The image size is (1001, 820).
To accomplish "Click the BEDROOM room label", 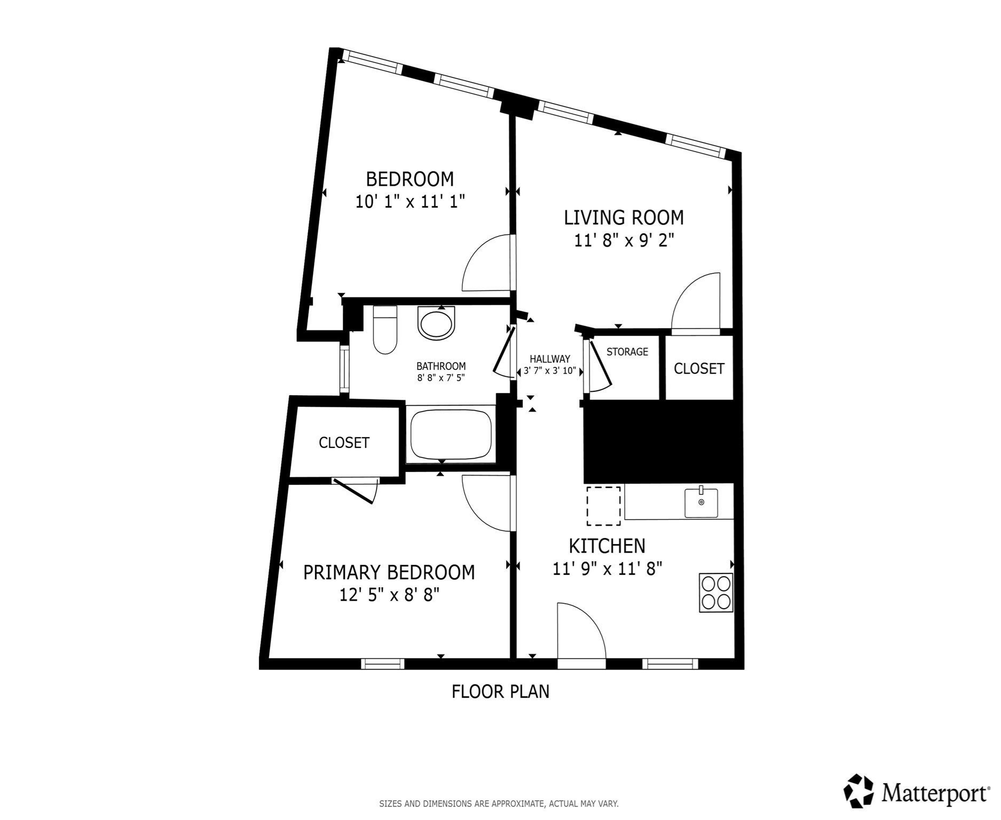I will [409, 178].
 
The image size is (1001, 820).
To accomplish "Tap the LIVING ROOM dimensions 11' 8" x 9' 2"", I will [624, 241].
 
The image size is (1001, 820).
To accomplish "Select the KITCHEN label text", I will [607, 546].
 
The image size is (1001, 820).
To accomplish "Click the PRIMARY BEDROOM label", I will [389, 572].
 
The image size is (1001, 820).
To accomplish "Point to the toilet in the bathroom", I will [384, 331].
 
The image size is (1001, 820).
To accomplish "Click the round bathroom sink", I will [437, 323].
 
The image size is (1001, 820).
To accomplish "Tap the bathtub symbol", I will [451, 433].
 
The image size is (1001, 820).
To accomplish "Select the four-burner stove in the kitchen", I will [715, 593].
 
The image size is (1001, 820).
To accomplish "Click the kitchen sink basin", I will [701, 502].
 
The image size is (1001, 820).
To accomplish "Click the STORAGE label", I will [627, 352].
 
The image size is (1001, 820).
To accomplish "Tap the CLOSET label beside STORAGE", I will [699, 368].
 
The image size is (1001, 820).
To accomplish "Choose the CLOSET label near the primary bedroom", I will [344, 443].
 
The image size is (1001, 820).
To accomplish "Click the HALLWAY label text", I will [549, 359].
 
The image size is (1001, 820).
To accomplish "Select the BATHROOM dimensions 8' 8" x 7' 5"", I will [441, 377].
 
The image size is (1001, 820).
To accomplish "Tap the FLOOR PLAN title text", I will [500, 692].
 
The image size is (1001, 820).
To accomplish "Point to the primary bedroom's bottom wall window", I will [382, 664].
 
